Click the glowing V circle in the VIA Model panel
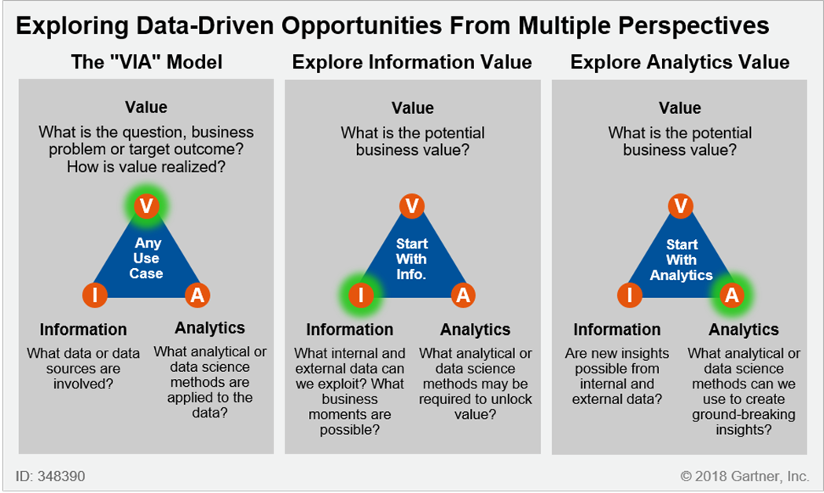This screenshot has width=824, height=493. (146, 205)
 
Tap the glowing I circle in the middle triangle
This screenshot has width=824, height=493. (360, 295)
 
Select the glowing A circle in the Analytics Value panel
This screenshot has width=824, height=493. (732, 295)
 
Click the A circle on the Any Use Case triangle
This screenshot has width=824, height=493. (197, 295)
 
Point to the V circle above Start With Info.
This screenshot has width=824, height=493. (413, 205)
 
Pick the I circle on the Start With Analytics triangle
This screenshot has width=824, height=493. (630, 295)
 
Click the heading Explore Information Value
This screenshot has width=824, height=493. (412, 62)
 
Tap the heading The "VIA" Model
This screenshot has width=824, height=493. (146, 62)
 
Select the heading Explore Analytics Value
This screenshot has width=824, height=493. (680, 62)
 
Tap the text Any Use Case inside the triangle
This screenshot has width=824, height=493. (146, 258)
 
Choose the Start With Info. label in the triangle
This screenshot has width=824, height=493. (411, 259)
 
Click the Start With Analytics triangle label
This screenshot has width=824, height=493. (681, 259)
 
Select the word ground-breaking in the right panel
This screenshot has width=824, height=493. (744, 414)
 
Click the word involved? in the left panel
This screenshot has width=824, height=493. (83, 384)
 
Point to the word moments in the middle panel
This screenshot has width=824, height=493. (349, 414)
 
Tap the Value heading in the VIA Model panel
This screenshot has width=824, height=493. (146, 107)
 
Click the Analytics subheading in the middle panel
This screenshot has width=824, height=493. (475, 329)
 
